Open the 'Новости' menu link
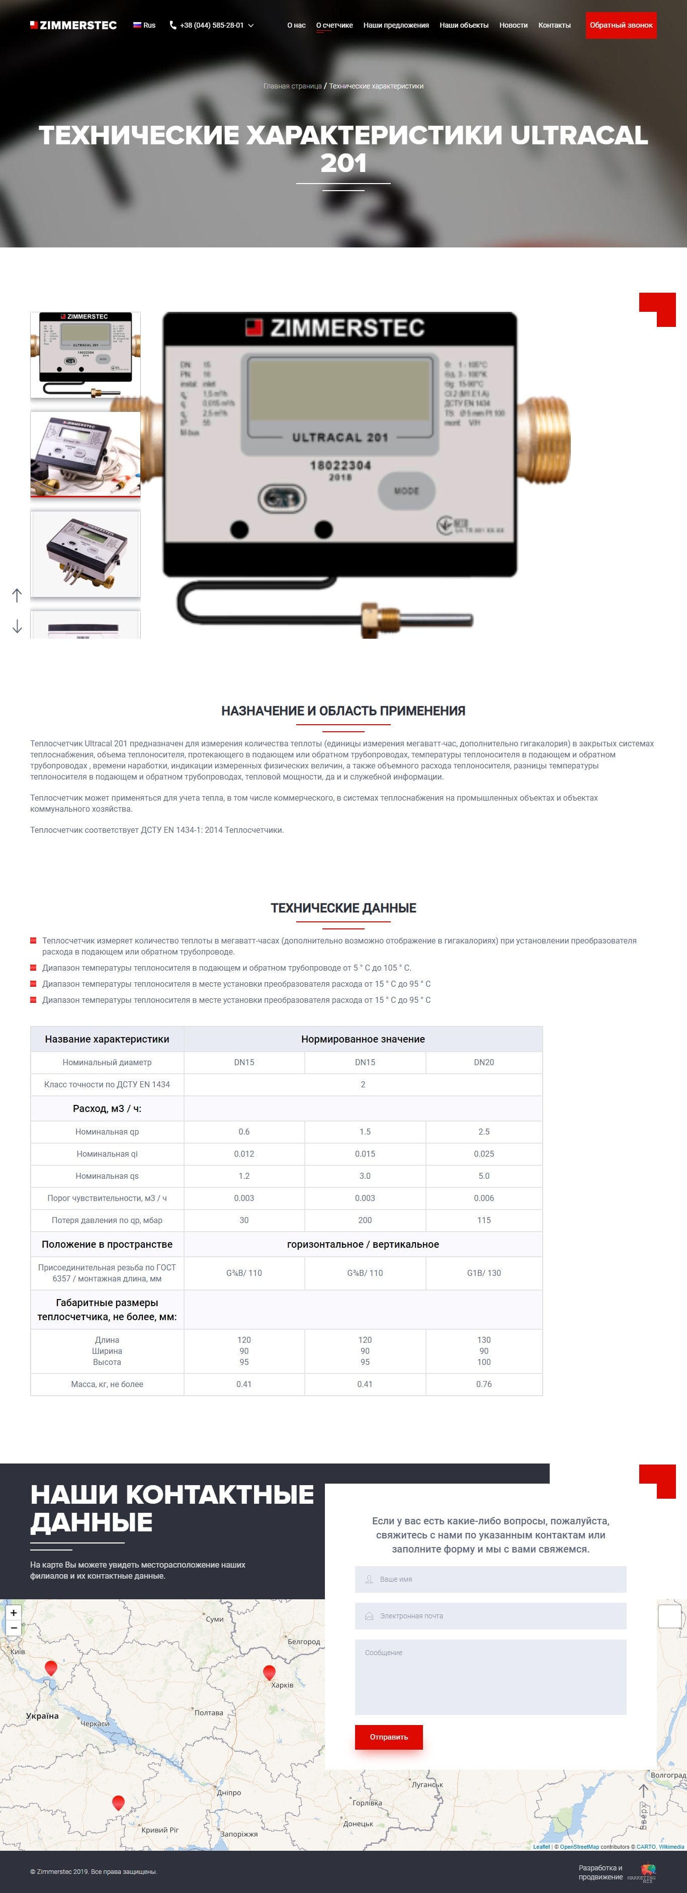coord(513,25)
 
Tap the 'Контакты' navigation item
coord(554,25)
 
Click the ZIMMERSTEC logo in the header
coord(73,25)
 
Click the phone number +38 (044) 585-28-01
coord(212,25)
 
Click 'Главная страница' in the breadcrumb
coord(292,86)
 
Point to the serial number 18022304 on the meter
coord(340,465)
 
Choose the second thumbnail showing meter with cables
coord(85,454)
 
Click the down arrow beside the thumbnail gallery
coord(17,626)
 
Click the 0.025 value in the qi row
coord(483,1154)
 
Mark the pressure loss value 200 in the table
coord(365,1220)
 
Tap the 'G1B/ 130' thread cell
coord(483,1273)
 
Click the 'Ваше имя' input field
coord(490,1579)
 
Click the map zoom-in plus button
coord(13,1612)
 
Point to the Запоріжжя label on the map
coord(239,1834)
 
